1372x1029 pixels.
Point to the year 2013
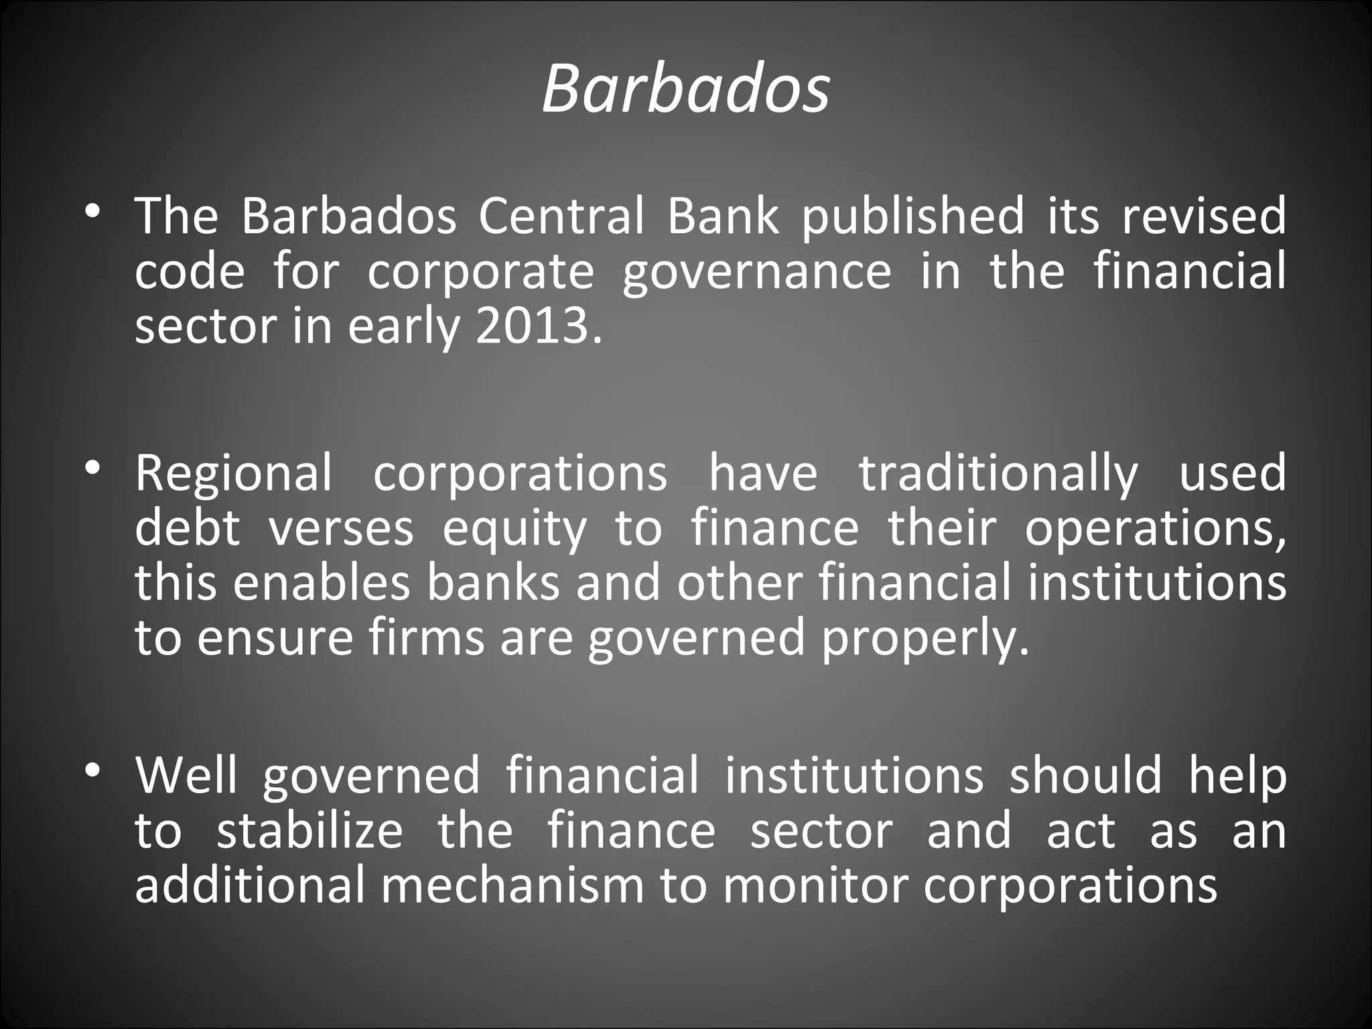click(533, 327)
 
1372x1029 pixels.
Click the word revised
click(1203, 216)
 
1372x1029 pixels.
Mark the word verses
click(342, 529)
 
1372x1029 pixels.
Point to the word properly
click(924, 639)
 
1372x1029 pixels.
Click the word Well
click(186, 775)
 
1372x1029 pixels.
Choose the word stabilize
click(310, 831)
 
